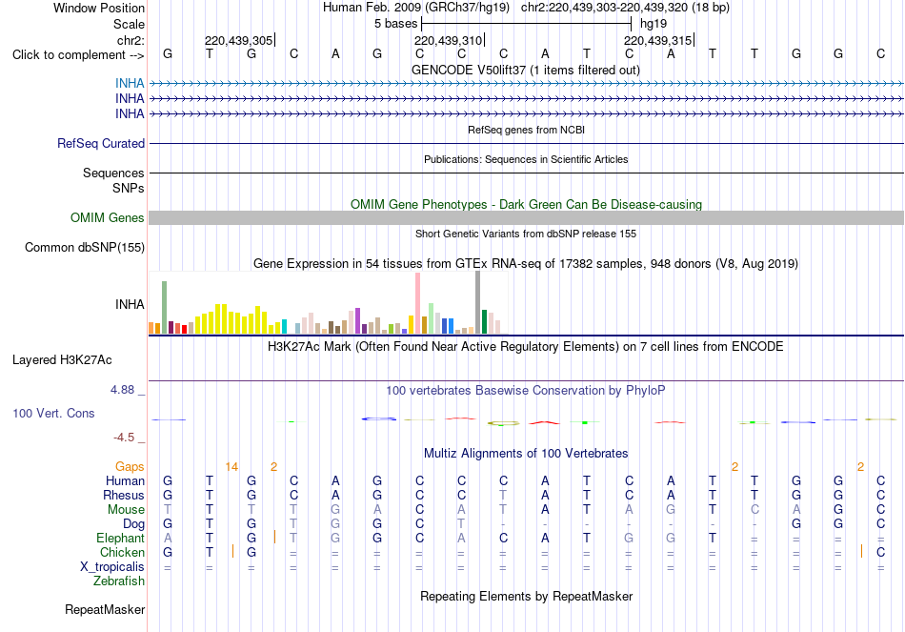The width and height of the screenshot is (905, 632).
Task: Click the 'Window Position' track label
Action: pyautogui.click(x=99, y=8)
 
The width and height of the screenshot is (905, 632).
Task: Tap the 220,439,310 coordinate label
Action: pyautogui.click(x=448, y=40)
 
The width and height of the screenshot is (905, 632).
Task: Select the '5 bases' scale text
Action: pyautogui.click(x=395, y=24)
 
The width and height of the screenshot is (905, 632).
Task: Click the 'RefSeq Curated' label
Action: pyautogui.click(x=101, y=143)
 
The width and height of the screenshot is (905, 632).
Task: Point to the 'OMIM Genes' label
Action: pyautogui.click(x=108, y=217)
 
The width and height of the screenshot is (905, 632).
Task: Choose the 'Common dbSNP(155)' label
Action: pyautogui.click(x=85, y=247)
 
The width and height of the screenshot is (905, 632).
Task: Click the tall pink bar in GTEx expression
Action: pyautogui.click(x=418, y=303)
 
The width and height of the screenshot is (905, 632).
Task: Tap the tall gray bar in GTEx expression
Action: pyautogui.click(x=478, y=302)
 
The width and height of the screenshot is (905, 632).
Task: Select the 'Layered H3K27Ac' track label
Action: pyautogui.click(x=62, y=360)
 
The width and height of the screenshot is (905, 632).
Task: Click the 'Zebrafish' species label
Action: pyautogui.click(x=119, y=581)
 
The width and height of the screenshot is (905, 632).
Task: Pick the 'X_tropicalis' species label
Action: pyautogui.click(x=112, y=567)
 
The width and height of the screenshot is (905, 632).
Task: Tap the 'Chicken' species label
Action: pyautogui.click(x=122, y=552)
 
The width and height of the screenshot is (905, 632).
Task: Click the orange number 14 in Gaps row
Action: pyautogui.click(x=231, y=467)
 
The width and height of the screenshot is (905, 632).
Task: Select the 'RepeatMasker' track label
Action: pyautogui.click(x=105, y=610)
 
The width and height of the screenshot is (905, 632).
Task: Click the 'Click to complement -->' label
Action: pyautogui.click(x=78, y=55)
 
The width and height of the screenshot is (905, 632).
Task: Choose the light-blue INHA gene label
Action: pyautogui.click(x=130, y=83)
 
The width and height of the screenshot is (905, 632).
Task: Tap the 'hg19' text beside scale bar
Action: pyautogui.click(x=654, y=24)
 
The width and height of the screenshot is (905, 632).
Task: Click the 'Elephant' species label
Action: pyautogui.click(x=120, y=539)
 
